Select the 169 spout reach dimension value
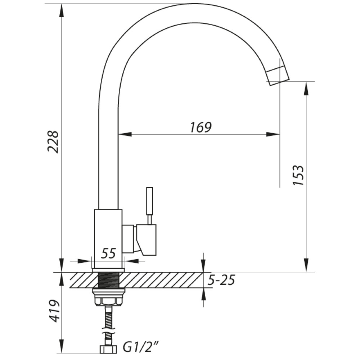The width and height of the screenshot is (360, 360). pyautogui.click(x=201, y=127)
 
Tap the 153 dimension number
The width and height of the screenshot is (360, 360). pyautogui.click(x=298, y=175)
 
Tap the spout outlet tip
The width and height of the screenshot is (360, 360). pyautogui.click(x=278, y=79)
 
